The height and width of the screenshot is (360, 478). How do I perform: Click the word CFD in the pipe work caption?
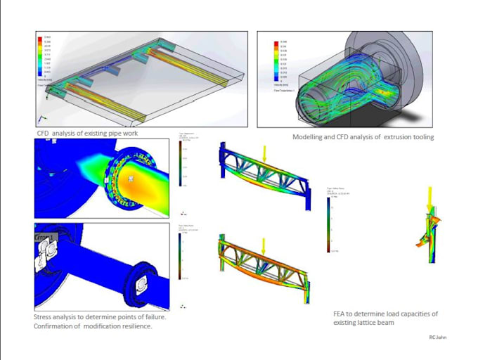[45, 132]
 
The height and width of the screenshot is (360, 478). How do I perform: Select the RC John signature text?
[437, 337]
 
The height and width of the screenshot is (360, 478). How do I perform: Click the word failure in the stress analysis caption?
[154, 317]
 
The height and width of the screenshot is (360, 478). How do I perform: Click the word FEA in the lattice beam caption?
[341, 314]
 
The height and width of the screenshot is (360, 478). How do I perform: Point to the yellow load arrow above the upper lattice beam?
[263, 152]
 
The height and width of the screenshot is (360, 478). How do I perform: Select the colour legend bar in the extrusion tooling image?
[275, 61]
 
